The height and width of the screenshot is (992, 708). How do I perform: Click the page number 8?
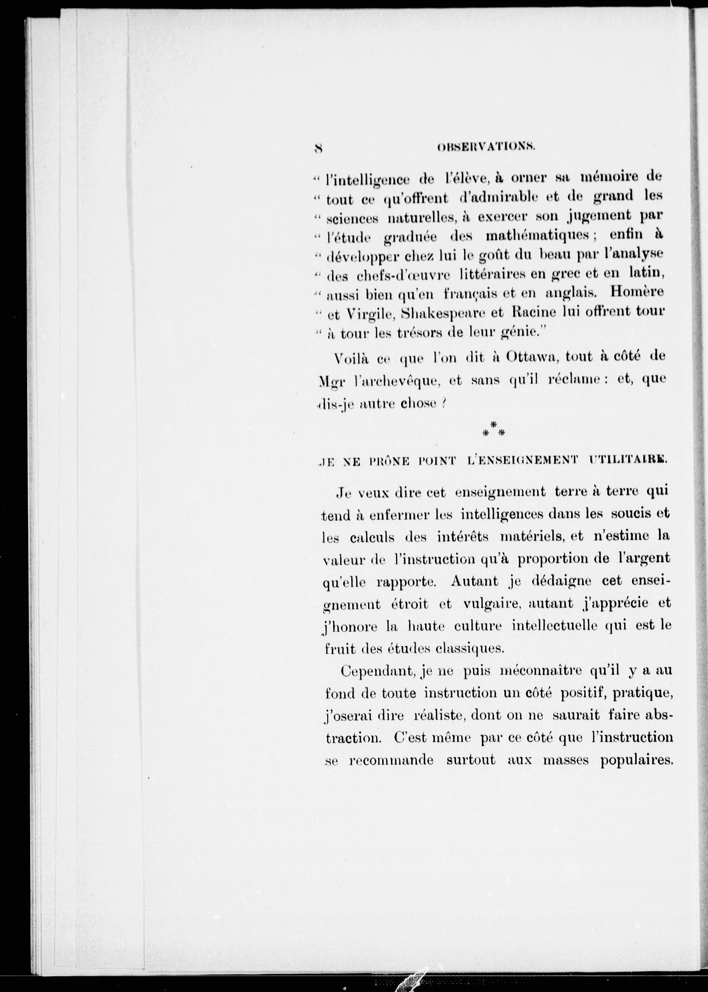(318, 149)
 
